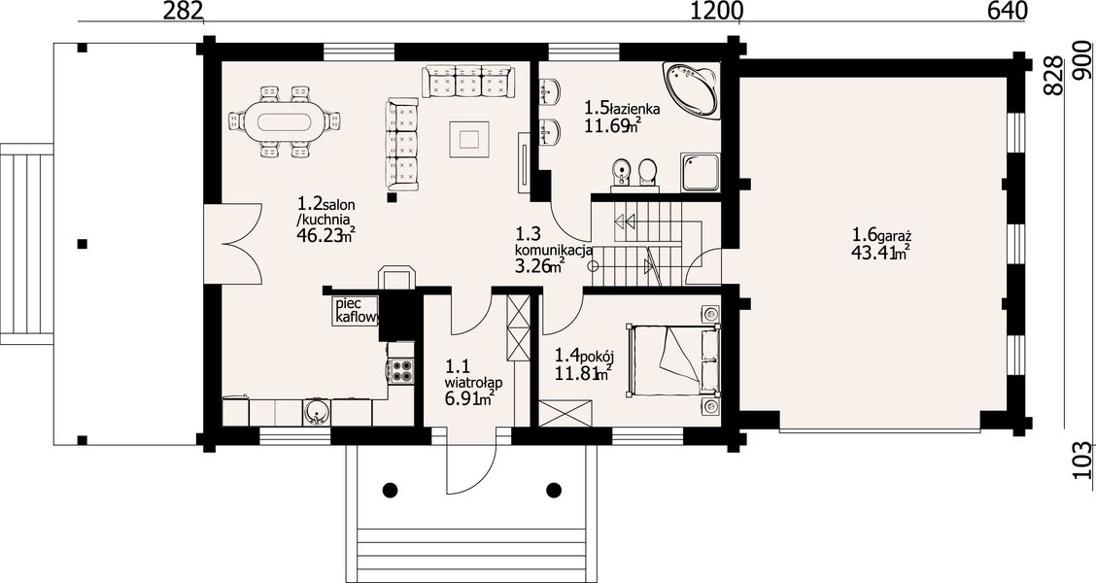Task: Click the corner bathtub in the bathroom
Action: coord(691,90)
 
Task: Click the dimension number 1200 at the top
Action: coord(716,12)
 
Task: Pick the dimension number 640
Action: coord(1007,12)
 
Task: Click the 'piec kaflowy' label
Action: coord(355,309)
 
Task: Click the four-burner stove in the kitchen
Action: coord(400,370)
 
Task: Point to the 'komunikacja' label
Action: coord(554,251)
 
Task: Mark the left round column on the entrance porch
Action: coord(391,490)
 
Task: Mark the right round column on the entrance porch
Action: coord(555,490)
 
